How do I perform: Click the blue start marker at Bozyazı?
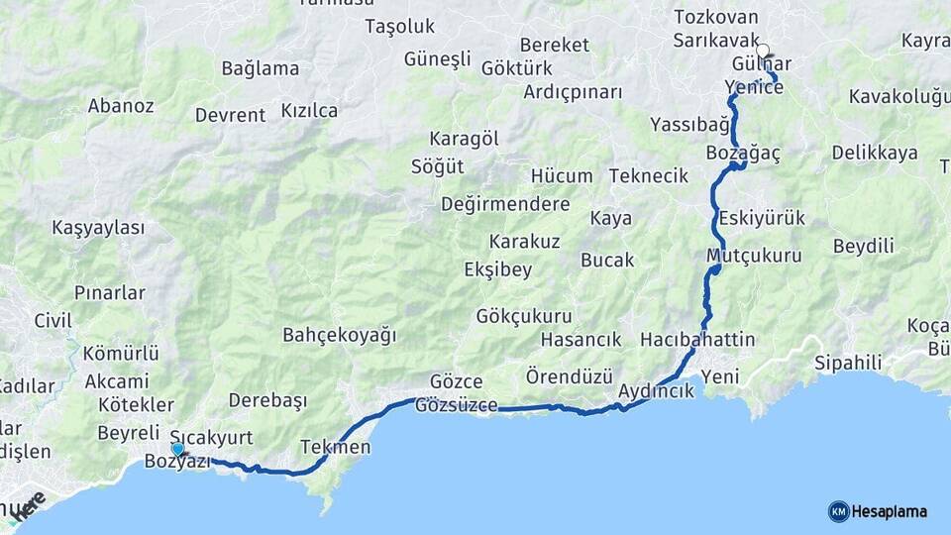[x=177, y=450]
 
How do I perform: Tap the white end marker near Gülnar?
[x=762, y=51]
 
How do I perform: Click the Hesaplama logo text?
[x=889, y=511]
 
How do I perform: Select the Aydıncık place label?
[x=655, y=391]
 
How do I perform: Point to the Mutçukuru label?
[x=754, y=256]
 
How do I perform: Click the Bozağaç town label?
[x=744, y=154]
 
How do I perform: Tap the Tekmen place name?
[x=335, y=447]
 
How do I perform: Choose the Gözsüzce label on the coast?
[x=456, y=405]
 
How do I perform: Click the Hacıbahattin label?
[x=697, y=340]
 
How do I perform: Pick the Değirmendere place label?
[x=505, y=204]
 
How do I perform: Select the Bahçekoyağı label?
[x=339, y=334]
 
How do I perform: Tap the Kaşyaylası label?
[x=98, y=228]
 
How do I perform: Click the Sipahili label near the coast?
[x=848, y=362]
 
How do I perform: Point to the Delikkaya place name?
[x=875, y=154]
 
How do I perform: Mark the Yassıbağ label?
[x=689, y=125]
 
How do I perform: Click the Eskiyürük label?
[x=762, y=218]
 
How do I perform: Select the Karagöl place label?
[x=464, y=139]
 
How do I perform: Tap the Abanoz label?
[x=121, y=105]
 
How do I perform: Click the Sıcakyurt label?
[x=211, y=437]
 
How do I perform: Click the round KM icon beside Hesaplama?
[x=838, y=511]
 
